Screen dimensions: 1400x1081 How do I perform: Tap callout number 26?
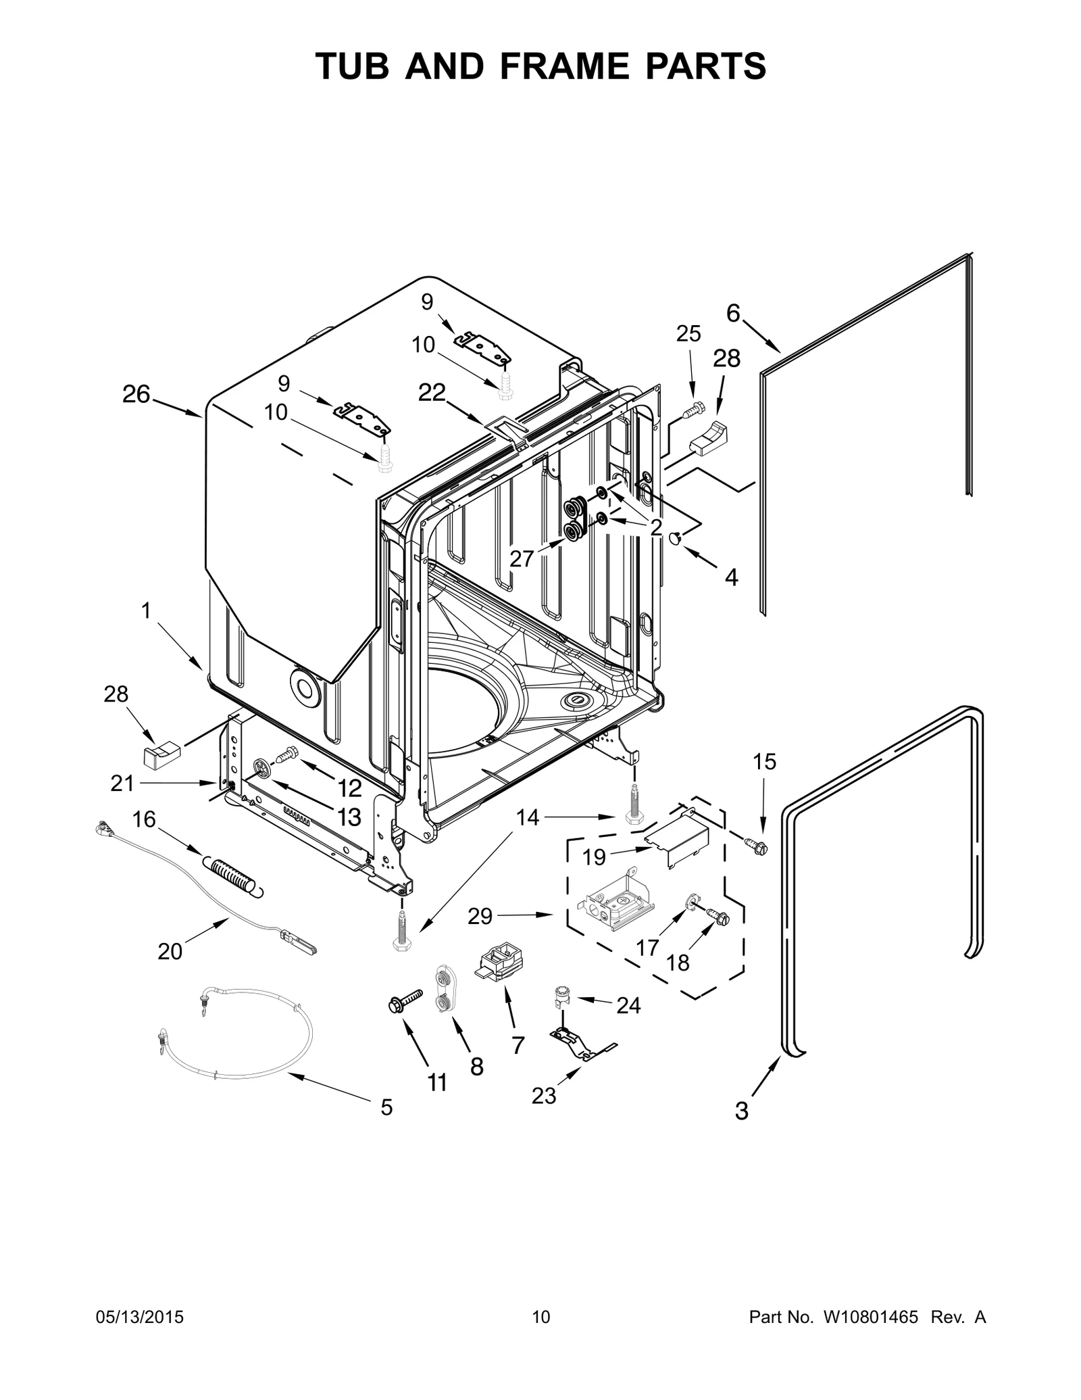point(136,394)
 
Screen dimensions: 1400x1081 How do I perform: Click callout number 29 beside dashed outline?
point(480,917)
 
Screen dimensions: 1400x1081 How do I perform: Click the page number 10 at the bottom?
point(540,1336)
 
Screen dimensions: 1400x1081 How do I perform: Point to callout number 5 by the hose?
point(386,1107)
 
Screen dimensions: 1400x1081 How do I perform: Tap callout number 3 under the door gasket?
point(742,1111)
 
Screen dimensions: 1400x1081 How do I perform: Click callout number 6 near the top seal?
point(733,313)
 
